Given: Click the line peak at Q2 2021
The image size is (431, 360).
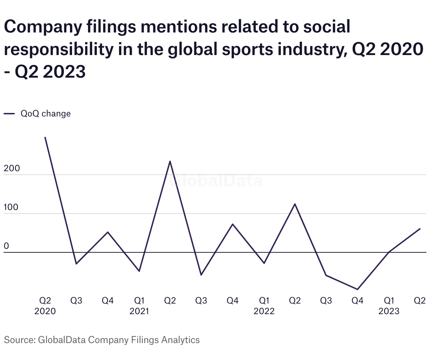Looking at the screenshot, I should pyautogui.click(x=170, y=161).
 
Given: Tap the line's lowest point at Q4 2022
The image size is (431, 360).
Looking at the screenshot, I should pyautogui.click(x=358, y=289).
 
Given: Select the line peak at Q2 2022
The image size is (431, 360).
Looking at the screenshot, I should pyautogui.click(x=295, y=204).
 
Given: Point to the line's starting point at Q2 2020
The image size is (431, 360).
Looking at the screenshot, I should pyautogui.click(x=45, y=137).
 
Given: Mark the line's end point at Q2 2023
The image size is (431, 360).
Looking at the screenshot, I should pyautogui.click(x=420, y=229).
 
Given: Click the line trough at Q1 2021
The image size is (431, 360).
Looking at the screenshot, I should pyautogui.click(x=139, y=271).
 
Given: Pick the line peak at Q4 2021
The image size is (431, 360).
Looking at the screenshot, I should pyautogui.click(x=232, y=224).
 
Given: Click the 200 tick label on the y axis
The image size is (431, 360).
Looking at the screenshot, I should pyautogui.click(x=12, y=169).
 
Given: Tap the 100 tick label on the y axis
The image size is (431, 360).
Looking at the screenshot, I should pyautogui.click(x=11, y=208).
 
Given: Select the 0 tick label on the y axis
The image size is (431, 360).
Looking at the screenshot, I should pyautogui.click(x=6, y=246).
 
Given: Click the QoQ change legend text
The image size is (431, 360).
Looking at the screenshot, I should pyautogui.click(x=46, y=114).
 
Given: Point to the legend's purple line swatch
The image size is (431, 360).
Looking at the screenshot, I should pyautogui.click(x=9, y=114).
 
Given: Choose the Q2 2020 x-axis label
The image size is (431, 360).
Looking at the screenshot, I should pyautogui.click(x=45, y=306).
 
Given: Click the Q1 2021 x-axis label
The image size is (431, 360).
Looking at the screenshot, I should pyautogui.click(x=139, y=306).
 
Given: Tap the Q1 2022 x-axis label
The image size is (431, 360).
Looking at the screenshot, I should pyautogui.click(x=264, y=306).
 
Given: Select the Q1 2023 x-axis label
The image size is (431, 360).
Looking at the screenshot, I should pyautogui.click(x=389, y=306).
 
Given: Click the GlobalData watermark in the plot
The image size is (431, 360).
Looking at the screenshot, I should pyautogui.click(x=215, y=181).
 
